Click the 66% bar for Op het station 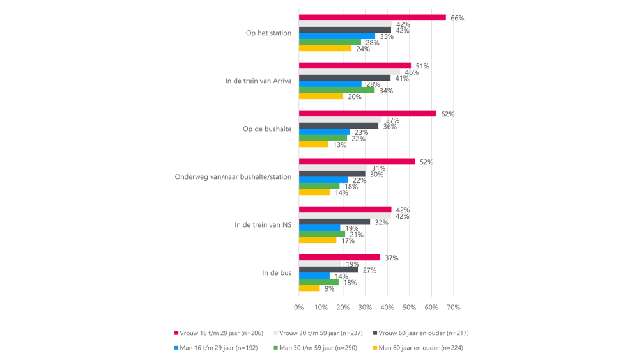(x=372, y=18)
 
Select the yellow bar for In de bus (x=309, y=288)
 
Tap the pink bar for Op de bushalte (x=367, y=114)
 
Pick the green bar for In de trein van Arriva (x=337, y=90)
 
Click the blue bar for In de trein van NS (x=319, y=228)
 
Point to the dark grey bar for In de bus (x=328, y=270)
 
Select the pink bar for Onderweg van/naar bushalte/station (x=357, y=162)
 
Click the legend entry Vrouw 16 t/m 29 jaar (x=217, y=333)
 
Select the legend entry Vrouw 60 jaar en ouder (x=425, y=333)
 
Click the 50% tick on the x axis (x=410, y=308)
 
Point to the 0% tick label (x=299, y=308)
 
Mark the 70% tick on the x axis (x=454, y=308)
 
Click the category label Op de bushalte (x=267, y=129)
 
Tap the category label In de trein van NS (x=263, y=225)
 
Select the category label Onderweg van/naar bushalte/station (x=233, y=177)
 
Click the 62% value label (x=447, y=114)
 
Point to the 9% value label (x=330, y=289)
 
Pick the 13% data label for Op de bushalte (x=339, y=145)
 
